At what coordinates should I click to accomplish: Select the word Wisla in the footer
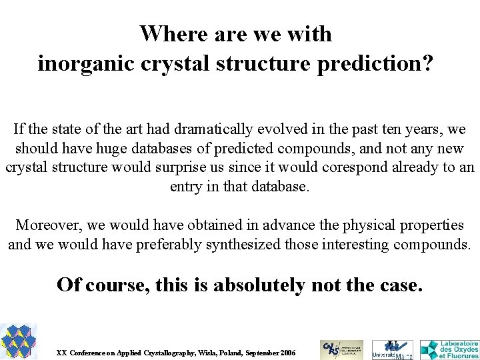pyautogui.click(x=199, y=352)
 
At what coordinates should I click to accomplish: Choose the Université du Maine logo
pyautogui.click(x=392, y=349)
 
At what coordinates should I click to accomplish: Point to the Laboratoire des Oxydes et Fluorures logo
pyautogui.click(x=449, y=349)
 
